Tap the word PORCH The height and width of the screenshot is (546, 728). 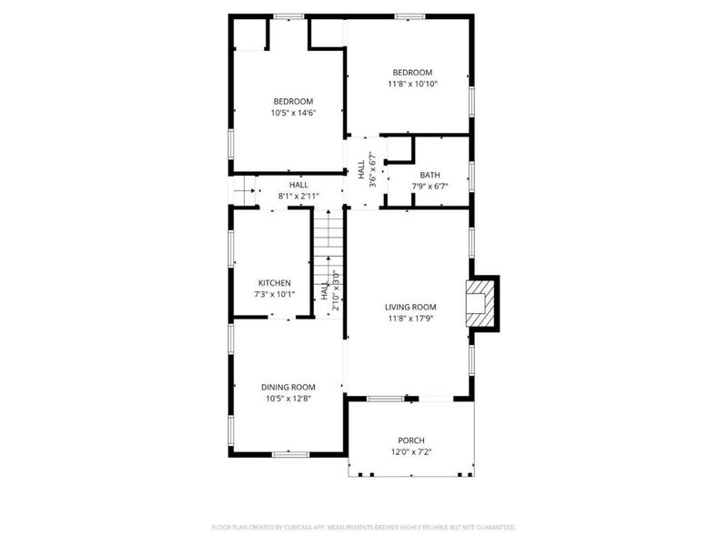[x=411, y=440]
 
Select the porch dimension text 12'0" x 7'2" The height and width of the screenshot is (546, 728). [x=411, y=452]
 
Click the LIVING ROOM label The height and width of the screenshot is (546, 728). [x=411, y=308]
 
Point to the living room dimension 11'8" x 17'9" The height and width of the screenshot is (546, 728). [x=411, y=319]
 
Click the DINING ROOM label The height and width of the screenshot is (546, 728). [x=288, y=387]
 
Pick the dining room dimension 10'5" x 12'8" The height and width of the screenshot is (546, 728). [x=288, y=399]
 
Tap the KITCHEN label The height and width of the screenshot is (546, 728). [x=274, y=283]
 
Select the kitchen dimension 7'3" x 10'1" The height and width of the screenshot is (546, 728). [x=274, y=294]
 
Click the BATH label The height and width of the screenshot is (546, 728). [x=430, y=175]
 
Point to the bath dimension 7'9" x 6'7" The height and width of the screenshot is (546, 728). [x=430, y=187]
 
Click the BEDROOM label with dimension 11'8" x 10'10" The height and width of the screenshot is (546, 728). [x=411, y=73]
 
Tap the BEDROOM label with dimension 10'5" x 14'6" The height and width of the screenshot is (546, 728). [x=293, y=101]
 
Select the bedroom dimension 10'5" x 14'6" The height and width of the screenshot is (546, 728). [x=293, y=113]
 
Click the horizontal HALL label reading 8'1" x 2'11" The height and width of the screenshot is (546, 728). [x=298, y=185]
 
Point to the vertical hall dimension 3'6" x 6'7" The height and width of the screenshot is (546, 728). [x=371, y=167]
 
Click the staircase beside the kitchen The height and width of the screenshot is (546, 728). [x=328, y=238]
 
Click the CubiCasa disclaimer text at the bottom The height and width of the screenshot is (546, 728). [x=364, y=527]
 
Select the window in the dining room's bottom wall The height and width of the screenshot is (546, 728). [x=290, y=453]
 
